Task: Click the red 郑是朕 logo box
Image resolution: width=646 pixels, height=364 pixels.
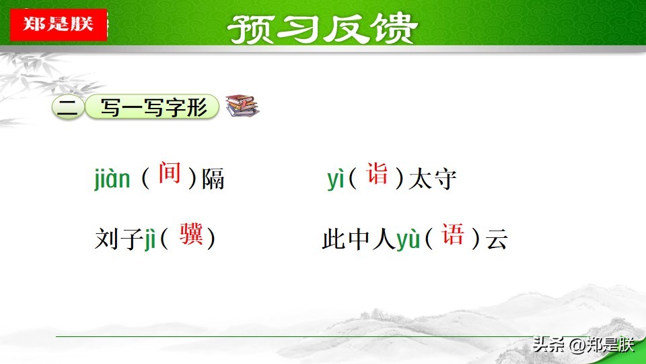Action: tap(59, 24)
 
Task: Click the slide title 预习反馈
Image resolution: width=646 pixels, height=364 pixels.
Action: tap(322, 29)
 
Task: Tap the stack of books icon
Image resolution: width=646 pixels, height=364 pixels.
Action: tap(242, 105)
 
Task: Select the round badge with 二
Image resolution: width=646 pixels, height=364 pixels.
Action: tap(68, 107)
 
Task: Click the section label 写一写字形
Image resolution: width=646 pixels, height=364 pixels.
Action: tap(152, 107)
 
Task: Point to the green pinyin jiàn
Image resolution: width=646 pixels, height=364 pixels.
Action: tap(112, 179)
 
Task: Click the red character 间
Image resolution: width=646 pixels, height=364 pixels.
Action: tap(170, 173)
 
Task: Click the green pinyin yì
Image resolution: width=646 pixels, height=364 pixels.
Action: tap(335, 179)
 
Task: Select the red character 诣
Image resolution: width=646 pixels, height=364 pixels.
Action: tap(378, 173)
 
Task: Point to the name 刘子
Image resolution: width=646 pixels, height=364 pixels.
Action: tap(119, 239)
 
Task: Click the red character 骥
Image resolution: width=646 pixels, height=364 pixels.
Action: tap(191, 234)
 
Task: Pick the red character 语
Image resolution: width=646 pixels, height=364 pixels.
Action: tap(453, 234)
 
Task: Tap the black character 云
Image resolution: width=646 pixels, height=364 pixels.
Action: tap(497, 239)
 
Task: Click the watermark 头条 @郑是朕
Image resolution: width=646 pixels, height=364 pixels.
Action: tap(583, 344)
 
